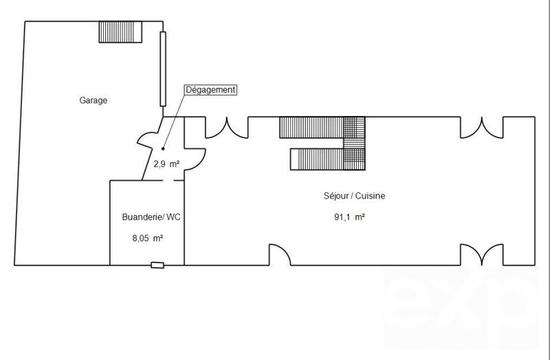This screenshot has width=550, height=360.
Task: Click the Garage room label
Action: click(93, 100)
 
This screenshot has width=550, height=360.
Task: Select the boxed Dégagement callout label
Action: click(211, 90)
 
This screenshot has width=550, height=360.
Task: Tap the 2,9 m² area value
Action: click(166, 164)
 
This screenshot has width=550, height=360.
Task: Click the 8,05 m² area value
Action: click(147, 238)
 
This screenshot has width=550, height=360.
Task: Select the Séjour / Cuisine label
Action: click(354, 196)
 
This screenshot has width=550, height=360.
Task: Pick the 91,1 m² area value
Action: click(349, 218)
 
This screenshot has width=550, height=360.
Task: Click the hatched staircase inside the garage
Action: click(120, 32)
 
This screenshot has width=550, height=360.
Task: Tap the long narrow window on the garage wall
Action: click(163, 69)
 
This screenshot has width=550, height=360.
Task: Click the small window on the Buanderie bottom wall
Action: click(158, 265)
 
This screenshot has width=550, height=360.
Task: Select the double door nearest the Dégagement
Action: click(226, 126)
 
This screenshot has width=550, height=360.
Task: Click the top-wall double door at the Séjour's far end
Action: click(481, 126)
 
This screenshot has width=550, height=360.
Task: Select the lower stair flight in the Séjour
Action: click(316, 159)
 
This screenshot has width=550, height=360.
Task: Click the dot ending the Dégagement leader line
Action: click(163, 148)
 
